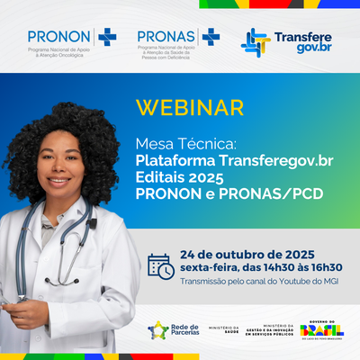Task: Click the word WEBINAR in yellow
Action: click(189, 107)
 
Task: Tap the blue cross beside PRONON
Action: click(108, 36)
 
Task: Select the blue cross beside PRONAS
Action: click(211, 36)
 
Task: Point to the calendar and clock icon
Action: click(161, 266)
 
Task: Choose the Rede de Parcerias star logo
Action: click(158, 331)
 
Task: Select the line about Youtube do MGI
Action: click(262, 281)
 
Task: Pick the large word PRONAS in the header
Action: click(167, 35)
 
